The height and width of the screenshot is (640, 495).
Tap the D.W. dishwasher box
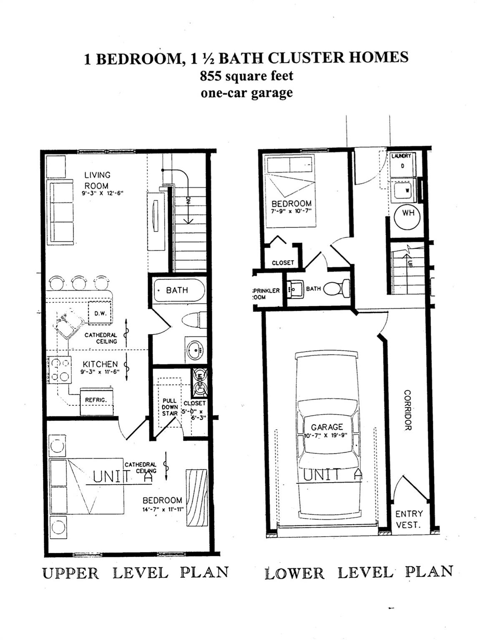(101, 313)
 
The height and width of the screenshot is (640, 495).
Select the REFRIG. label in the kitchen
(96, 400)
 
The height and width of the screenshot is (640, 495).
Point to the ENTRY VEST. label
(409, 519)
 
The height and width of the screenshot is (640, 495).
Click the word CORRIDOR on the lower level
(407, 410)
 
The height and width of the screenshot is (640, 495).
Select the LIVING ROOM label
(97, 180)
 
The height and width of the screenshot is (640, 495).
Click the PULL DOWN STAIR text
(170, 407)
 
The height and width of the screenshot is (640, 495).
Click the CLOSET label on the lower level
(283, 263)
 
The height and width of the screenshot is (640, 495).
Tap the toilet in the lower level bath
(337, 288)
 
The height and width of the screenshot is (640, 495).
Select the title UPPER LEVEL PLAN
(136, 572)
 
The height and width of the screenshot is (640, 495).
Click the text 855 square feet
(246, 76)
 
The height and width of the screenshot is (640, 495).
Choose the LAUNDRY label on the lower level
(401, 156)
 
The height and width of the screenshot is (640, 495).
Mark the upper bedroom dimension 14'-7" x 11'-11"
(162, 510)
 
